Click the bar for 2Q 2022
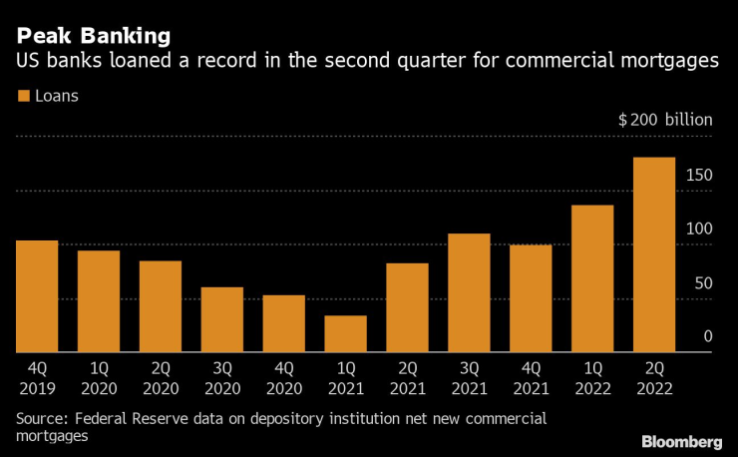click(x=654, y=254)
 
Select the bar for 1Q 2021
click(x=345, y=334)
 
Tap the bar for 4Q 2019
click(x=37, y=296)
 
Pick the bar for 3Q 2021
click(x=469, y=292)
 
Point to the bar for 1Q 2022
click(x=592, y=278)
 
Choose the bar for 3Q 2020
click(x=221, y=319)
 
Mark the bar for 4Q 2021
click(x=531, y=298)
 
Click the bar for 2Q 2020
click(x=160, y=306)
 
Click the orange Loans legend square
click(x=24, y=97)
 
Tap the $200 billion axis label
click(x=665, y=120)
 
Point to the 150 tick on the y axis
click(x=699, y=175)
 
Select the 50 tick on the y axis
click(x=703, y=283)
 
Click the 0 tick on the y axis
click(x=707, y=337)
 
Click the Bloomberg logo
click(x=681, y=441)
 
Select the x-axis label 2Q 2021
click(x=407, y=377)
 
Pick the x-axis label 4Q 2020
click(x=283, y=377)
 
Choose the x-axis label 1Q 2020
click(x=99, y=377)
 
